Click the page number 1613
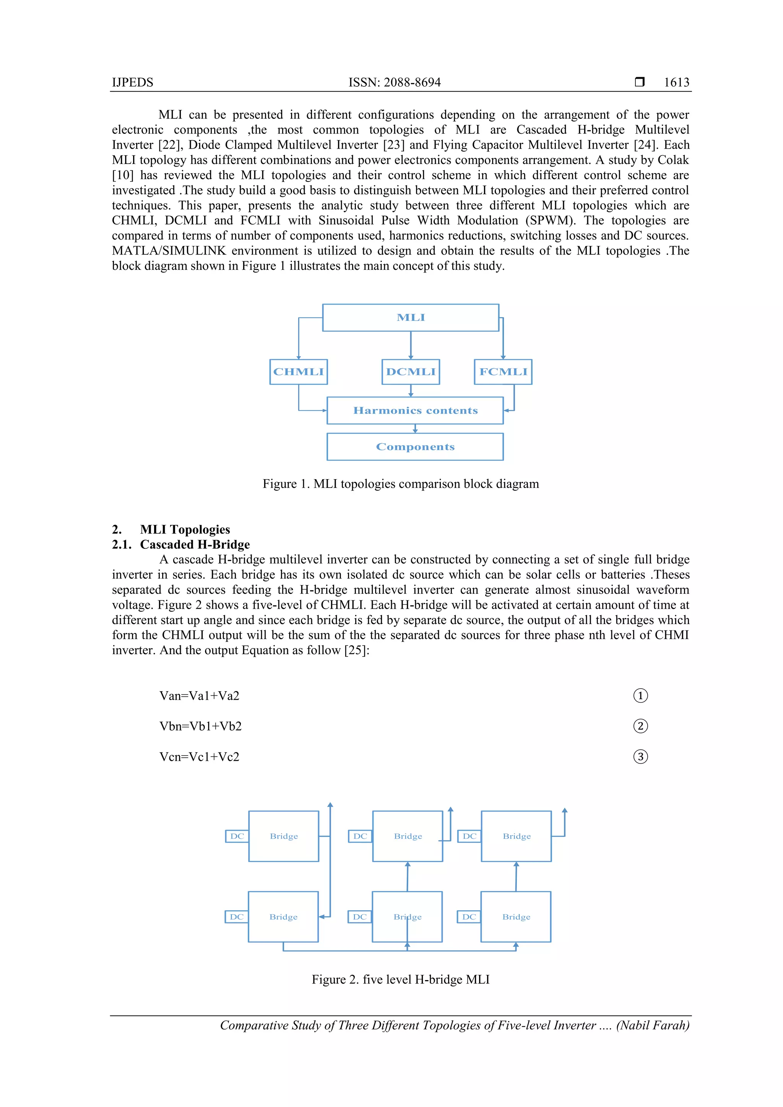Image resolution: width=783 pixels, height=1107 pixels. click(x=676, y=83)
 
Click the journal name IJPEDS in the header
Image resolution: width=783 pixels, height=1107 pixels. click(x=132, y=83)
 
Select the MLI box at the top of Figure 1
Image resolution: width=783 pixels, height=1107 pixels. click(x=411, y=318)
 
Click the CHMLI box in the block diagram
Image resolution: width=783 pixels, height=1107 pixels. click(x=298, y=372)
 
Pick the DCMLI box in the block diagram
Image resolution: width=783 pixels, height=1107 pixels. click(x=411, y=372)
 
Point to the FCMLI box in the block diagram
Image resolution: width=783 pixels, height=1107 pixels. click(x=503, y=372)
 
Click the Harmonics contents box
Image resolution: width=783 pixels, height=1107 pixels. click(x=415, y=410)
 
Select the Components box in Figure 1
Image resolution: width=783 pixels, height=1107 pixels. click(x=415, y=446)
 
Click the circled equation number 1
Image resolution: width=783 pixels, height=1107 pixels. click(x=640, y=696)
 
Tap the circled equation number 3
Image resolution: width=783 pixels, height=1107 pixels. click(x=640, y=757)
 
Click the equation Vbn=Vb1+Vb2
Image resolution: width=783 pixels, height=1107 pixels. click(x=200, y=726)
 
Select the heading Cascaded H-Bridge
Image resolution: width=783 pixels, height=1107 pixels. click(x=195, y=545)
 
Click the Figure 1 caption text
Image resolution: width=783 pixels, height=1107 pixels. click(x=400, y=484)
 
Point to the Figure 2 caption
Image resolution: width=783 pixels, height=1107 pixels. click(x=400, y=979)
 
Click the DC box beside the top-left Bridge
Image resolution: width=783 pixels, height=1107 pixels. click(x=237, y=836)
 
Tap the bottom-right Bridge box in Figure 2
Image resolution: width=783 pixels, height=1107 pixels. click(x=516, y=917)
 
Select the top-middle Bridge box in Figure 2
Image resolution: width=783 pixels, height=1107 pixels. click(x=408, y=836)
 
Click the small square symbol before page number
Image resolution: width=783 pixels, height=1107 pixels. click(x=639, y=82)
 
